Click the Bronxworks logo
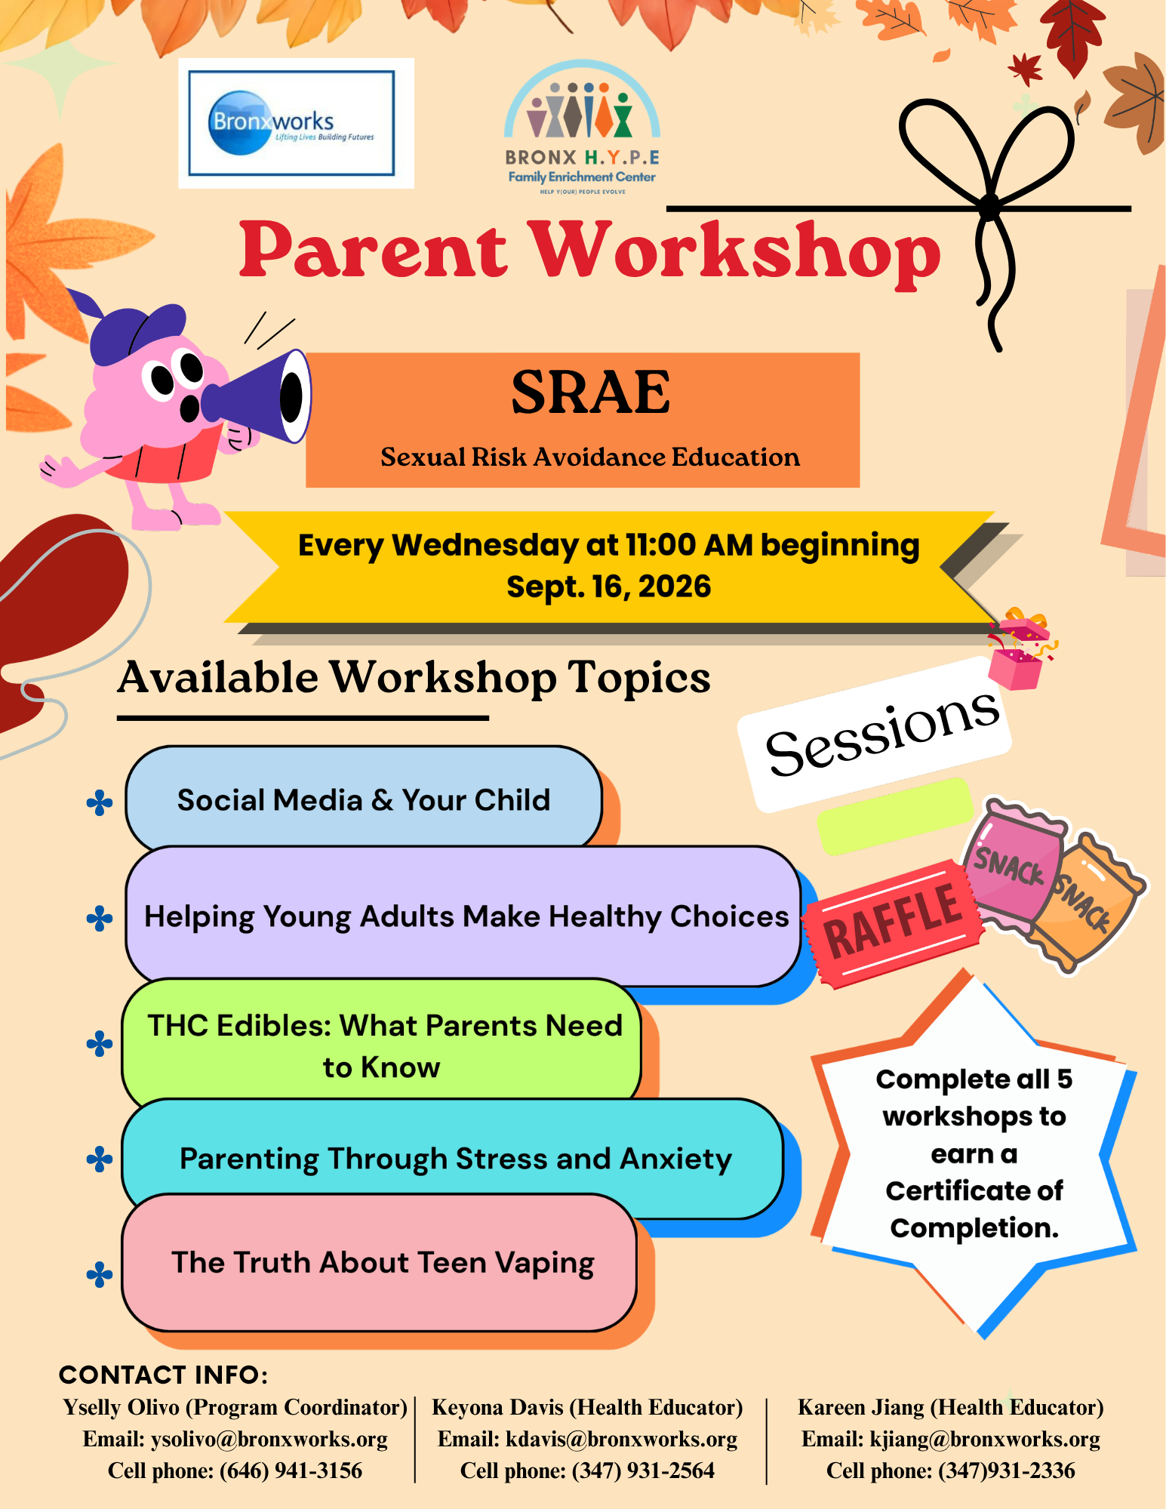[296, 123]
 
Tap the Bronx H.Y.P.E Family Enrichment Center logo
[582, 128]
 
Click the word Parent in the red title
[374, 250]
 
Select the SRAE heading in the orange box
[590, 393]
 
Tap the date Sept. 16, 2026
[608, 587]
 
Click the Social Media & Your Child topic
[364, 799]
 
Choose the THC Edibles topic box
[382, 1046]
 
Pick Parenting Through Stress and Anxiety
[453, 1159]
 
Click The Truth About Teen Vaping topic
[380, 1262]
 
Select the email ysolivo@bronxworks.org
[269, 1439]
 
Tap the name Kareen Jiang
[860, 1407]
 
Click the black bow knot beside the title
[989, 205]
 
